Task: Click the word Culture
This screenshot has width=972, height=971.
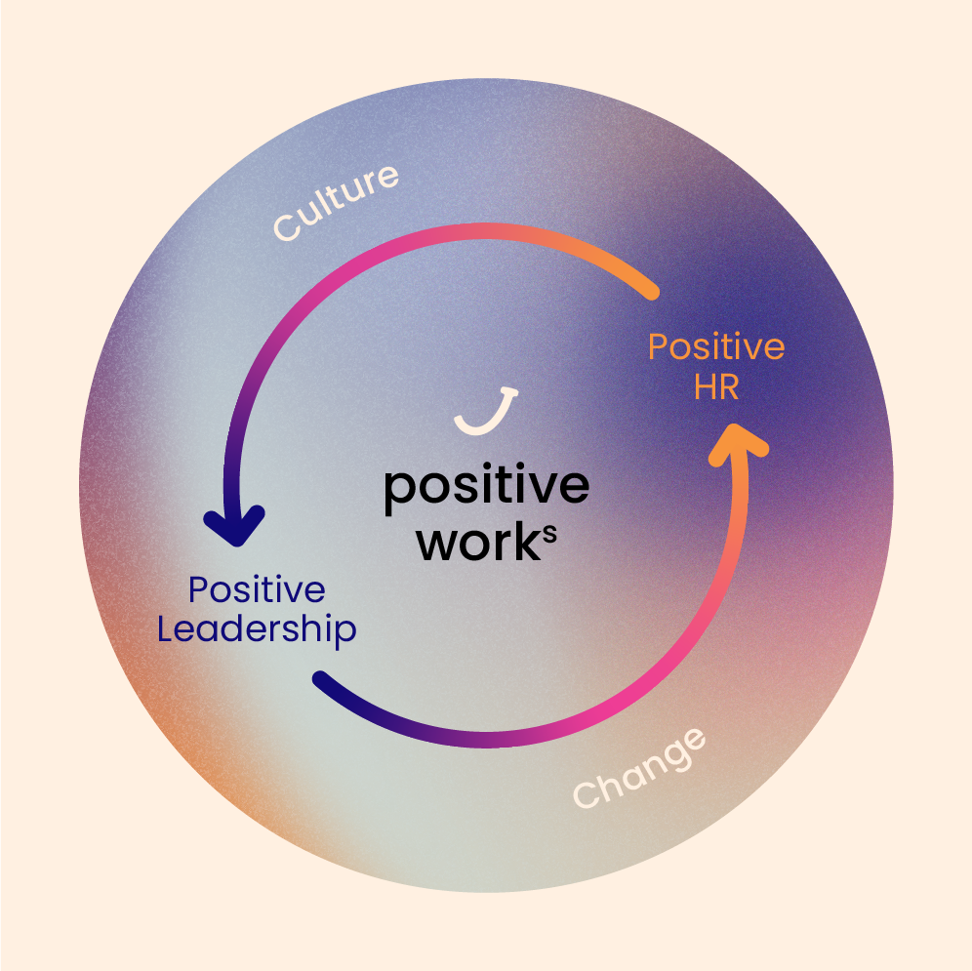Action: pyautogui.click(x=337, y=202)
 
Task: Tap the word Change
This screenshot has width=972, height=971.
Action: pyautogui.click(x=639, y=768)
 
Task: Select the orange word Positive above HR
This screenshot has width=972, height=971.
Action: pyautogui.click(x=716, y=347)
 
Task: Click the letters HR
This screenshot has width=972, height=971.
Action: pyautogui.click(x=716, y=387)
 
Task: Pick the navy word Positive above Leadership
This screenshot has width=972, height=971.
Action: pyautogui.click(x=257, y=590)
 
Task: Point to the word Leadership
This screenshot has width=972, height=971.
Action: pyautogui.click(x=257, y=629)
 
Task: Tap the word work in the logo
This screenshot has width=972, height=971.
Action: pyautogui.click(x=472, y=544)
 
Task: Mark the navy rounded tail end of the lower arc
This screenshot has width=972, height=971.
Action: pyautogui.click(x=323, y=679)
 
